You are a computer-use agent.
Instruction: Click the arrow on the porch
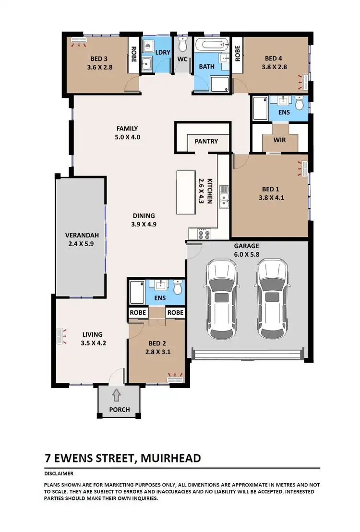[x=116, y=396]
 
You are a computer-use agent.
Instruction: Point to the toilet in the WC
[x=182, y=46]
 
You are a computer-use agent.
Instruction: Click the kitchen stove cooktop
[x=204, y=235]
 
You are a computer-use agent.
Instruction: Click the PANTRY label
[x=206, y=142]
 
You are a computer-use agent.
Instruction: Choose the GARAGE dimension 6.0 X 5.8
[x=247, y=254]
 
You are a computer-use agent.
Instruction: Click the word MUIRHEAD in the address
[x=171, y=458]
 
